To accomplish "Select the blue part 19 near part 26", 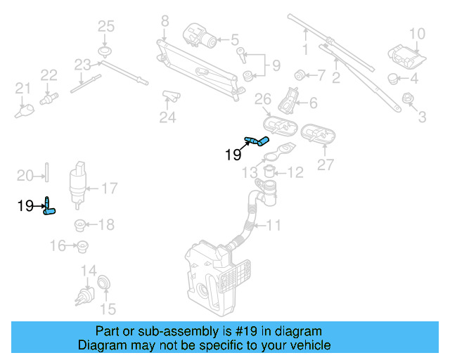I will coord(257,141).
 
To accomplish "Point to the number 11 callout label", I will coord(274,226).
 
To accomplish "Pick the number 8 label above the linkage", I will coord(165,20).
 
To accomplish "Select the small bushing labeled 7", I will coord(300,73).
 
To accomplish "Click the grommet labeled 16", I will coord(82,246).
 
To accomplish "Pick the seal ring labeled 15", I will coord(103,283).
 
